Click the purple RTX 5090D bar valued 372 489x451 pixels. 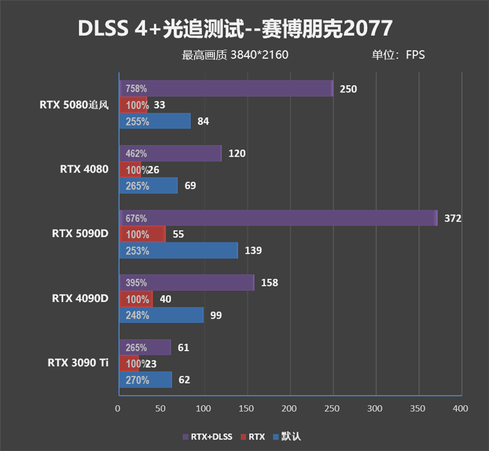(x=278, y=218)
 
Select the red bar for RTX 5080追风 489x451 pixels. (x=133, y=105)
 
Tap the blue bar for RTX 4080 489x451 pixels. (x=148, y=185)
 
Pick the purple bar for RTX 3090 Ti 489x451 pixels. (x=145, y=348)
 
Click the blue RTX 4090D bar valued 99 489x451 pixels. (x=161, y=315)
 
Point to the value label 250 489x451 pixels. (x=348, y=89)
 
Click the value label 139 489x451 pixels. (x=252, y=250)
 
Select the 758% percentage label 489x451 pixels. (x=136, y=89)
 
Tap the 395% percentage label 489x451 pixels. (x=136, y=283)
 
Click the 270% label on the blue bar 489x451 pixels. (x=137, y=380)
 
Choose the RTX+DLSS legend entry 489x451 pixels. (x=207, y=437)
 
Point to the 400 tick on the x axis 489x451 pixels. (x=460, y=408)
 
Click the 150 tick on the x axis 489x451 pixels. (x=246, y=408)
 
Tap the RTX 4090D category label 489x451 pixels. (x=80, y=299)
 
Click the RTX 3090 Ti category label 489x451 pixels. (x=78, y=363)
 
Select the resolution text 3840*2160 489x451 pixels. (x=259, y=55)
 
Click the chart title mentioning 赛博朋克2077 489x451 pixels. (x=235, y=28)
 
